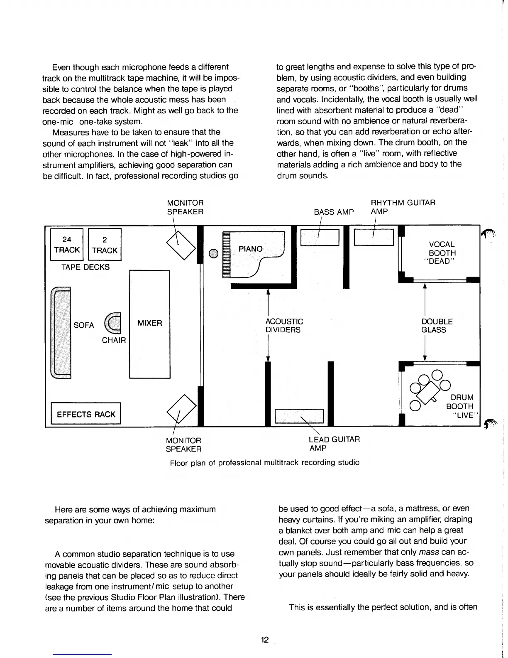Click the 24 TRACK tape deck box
point(66,245)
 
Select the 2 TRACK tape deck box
point(105,245)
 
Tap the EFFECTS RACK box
point(85,414)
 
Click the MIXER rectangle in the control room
point(150,324)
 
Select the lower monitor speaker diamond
point(181,411)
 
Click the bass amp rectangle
point(320,237)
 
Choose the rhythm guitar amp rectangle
point(374,237)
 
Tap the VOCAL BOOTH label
point(442,253)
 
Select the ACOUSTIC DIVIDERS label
point(284,326)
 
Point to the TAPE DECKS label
point(85,267)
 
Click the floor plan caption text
point(265,462)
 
